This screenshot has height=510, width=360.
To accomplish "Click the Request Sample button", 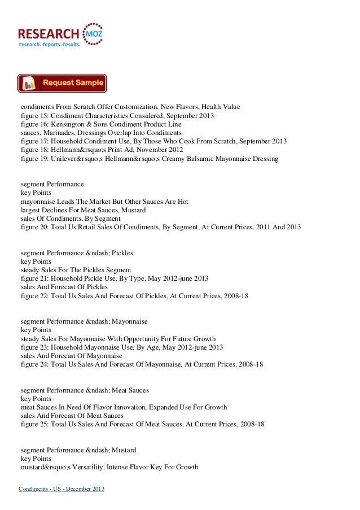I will (x=62, y=83).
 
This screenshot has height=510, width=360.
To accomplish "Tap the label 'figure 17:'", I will (x=34, y=141).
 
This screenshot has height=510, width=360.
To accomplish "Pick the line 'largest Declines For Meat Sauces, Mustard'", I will (x=83, y=210).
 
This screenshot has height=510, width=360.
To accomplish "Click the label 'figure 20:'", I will (x=34, y=228).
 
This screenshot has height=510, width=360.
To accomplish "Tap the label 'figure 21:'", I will (x=34, y=279).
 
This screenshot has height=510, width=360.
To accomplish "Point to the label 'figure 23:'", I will (x=34, y=347).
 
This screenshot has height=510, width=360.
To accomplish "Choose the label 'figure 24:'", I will (x=34, y=365).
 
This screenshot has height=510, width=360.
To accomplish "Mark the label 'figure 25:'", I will (x=34, y=424).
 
